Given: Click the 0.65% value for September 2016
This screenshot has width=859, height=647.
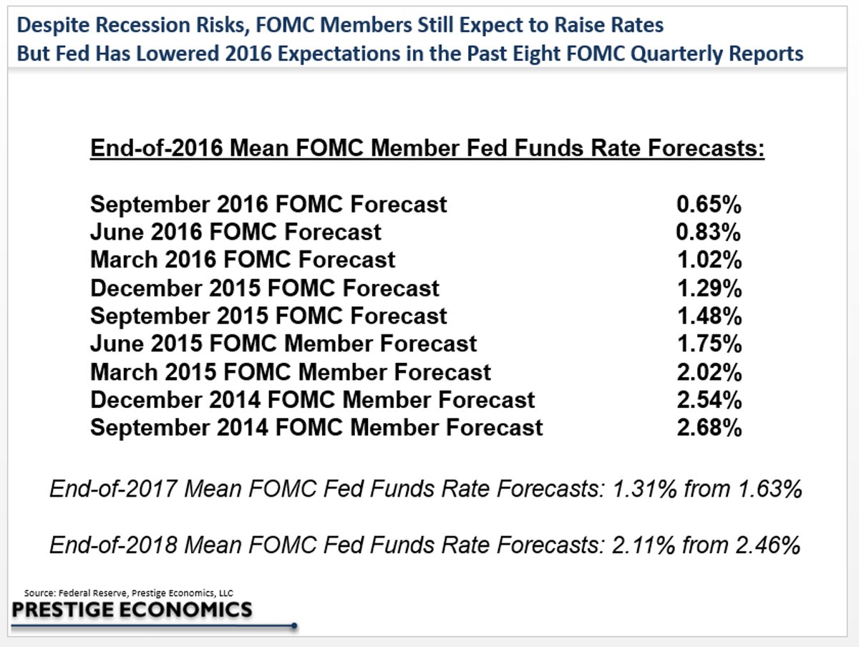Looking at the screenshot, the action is (709, 204).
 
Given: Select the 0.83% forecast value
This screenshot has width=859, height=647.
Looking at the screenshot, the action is (709, 232).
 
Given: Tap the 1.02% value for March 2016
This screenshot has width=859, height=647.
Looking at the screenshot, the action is (709, 260).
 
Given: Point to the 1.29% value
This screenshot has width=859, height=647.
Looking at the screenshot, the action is (709, 288).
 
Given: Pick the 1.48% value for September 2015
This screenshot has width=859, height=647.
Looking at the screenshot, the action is (709, 316).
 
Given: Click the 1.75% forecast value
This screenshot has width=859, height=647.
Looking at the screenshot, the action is (709, 344).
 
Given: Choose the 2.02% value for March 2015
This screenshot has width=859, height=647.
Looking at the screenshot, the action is (709, 372).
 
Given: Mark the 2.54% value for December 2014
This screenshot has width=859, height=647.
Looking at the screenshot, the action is (709, 400).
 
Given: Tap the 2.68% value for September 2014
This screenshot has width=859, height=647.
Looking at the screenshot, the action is (709, 427).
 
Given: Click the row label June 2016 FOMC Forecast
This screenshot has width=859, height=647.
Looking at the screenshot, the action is (236, 232).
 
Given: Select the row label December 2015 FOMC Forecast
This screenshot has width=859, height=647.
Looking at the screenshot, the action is (265, 288).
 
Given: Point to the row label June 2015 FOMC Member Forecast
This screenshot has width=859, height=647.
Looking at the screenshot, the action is (283, 344).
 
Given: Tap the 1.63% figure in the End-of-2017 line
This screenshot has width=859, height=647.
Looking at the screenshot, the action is (770, 489).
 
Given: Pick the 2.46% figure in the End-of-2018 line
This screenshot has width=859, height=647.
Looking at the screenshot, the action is (768, 545).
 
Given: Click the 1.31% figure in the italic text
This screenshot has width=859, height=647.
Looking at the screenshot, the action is (645, 489).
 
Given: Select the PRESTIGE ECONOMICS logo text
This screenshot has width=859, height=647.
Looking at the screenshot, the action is (132, 610).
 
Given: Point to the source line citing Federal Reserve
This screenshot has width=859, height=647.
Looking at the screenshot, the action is (129, 593).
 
